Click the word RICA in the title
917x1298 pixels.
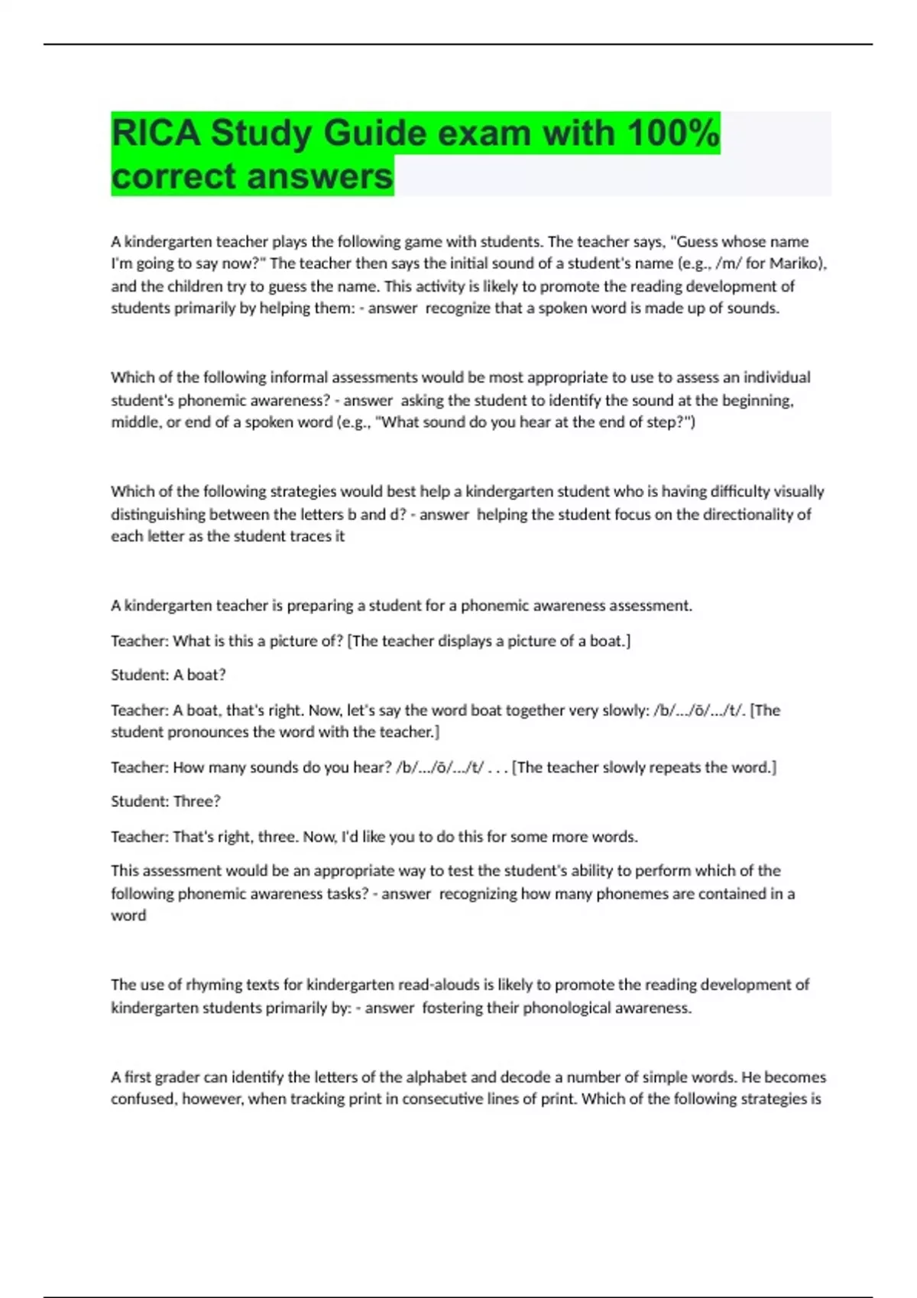tap(156, 133)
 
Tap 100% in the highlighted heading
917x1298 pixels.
tap(672, 133)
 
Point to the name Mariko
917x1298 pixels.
tap(795, 263)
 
